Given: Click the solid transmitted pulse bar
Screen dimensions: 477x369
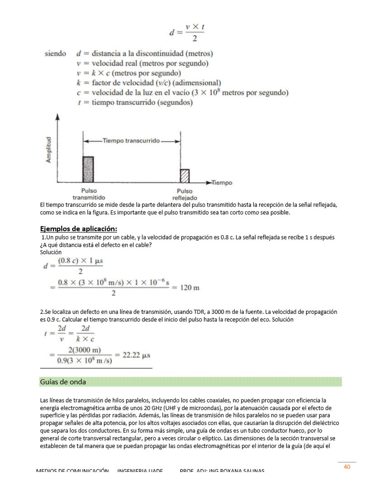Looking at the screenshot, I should (x=88, y=169).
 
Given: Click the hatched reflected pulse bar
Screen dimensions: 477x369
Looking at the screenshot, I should (x=184, y=175).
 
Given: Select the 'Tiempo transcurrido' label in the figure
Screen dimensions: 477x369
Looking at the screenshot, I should (x=131, y=141).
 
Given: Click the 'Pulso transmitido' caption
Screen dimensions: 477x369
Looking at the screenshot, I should (x=89, y=194).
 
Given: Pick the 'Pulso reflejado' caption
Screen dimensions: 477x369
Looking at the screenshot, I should (x=184, y=195).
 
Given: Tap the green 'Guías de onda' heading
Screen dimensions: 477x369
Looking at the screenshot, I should (x=63, y=382).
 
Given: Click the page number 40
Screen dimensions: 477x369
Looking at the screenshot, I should (x=347, y=467).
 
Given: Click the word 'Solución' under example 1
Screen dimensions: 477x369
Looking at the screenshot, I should (x=51, y=252).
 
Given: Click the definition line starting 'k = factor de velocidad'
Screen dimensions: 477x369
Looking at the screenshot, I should (x=149, y=83).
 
